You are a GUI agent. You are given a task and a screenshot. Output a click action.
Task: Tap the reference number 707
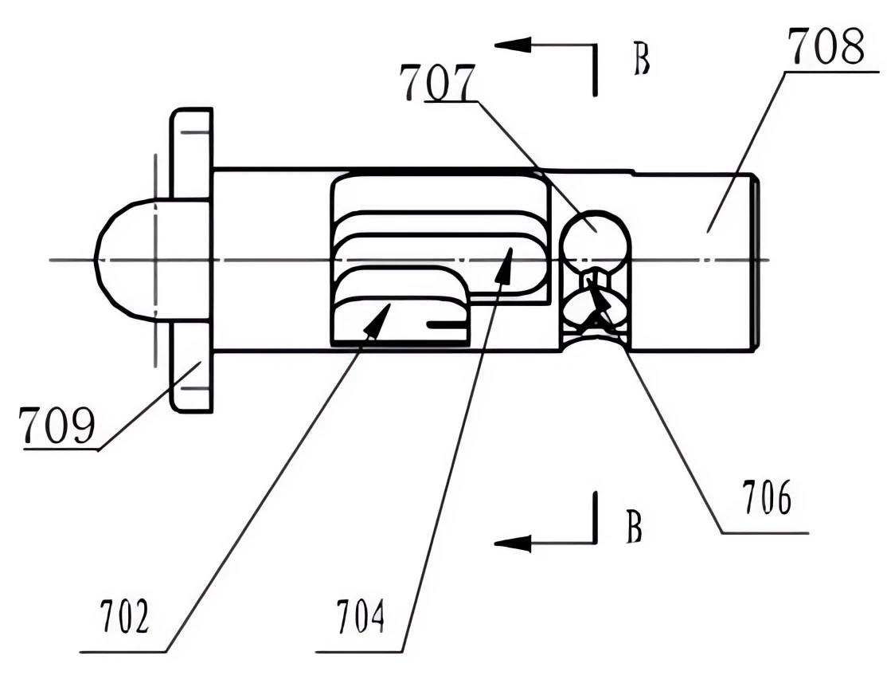pyautogui.click(x=436, y=83)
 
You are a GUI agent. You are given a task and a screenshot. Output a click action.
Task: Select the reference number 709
pyautogui.click(x=57, y=425)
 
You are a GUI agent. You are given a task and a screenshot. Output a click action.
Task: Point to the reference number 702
pyautogui.click(x=124, y=616)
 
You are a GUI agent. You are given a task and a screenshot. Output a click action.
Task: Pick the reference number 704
pyautogui.click(x=361, y=616)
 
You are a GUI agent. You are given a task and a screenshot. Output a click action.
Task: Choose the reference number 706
pyautogui.click(x=767, y=497)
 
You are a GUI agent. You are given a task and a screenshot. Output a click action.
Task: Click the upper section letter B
pyautogui.click(x=641, y=59)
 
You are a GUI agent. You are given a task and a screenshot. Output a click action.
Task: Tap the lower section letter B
pyautogui.click(x=634, y=527)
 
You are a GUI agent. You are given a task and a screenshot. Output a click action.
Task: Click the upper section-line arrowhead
pyautogui.click(x=513, y=45)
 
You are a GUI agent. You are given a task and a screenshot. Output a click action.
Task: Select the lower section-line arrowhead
pyautogui.click(x=513, y=544)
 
